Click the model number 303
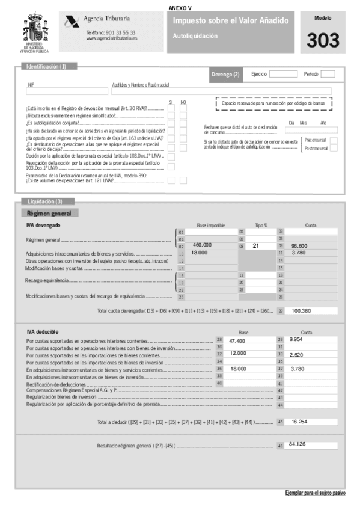tap(323, 40)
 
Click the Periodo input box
tap(328, 74)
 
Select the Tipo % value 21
tap(255, 245)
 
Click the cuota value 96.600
tap(299, 245)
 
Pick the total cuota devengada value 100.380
tap(301, 310)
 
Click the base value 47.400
tap(237, 340)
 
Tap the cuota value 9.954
tap(296, 340)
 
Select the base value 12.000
tap(237, 354)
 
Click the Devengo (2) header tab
tap(225, 74)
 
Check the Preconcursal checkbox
tap(334, 140)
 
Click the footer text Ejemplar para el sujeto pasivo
tap(315, 493)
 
